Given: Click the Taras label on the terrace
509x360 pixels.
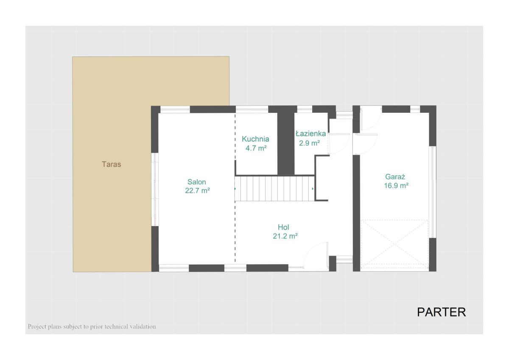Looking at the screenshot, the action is pyautogui.click(x=111, y=164).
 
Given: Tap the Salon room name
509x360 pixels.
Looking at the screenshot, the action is pyautogui.click(x=196, y=182).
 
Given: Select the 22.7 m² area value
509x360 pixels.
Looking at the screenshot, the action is pyautogui.click(x=197, y=190).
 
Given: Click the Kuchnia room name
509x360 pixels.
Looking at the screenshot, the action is pyautogui.click(x=255, y=139).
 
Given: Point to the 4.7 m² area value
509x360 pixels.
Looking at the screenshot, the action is pyautogui.click(x=256, y=148).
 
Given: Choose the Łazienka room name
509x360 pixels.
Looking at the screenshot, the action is pyautogui.click(x=310, y=134).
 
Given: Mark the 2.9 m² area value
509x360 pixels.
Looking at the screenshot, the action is pyautogui.click(x=309, y=143).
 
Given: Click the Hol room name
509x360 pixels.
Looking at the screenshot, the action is pyautogui.click(x=283, y=227).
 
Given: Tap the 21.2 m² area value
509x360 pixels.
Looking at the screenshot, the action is pyautogui.click(x=285, y=236).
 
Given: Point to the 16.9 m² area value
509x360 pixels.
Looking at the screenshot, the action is pyautogui.click(x=396, y=186).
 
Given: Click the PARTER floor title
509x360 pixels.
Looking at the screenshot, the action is pyautogui.click(x=441, y=312).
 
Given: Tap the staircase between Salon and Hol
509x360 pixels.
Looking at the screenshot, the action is pyautogui.click(x=274, y=189).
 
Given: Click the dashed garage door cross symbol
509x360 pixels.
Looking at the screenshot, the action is pyautogui.click(x=394, y=244).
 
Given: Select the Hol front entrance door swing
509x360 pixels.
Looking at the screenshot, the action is pyautogui.click(x=316, y=255).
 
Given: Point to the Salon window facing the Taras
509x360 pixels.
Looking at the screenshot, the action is pyautogui.click(x=155, y=190).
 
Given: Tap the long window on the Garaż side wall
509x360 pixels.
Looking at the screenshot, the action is pyautogui.click(x=433, y=192).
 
